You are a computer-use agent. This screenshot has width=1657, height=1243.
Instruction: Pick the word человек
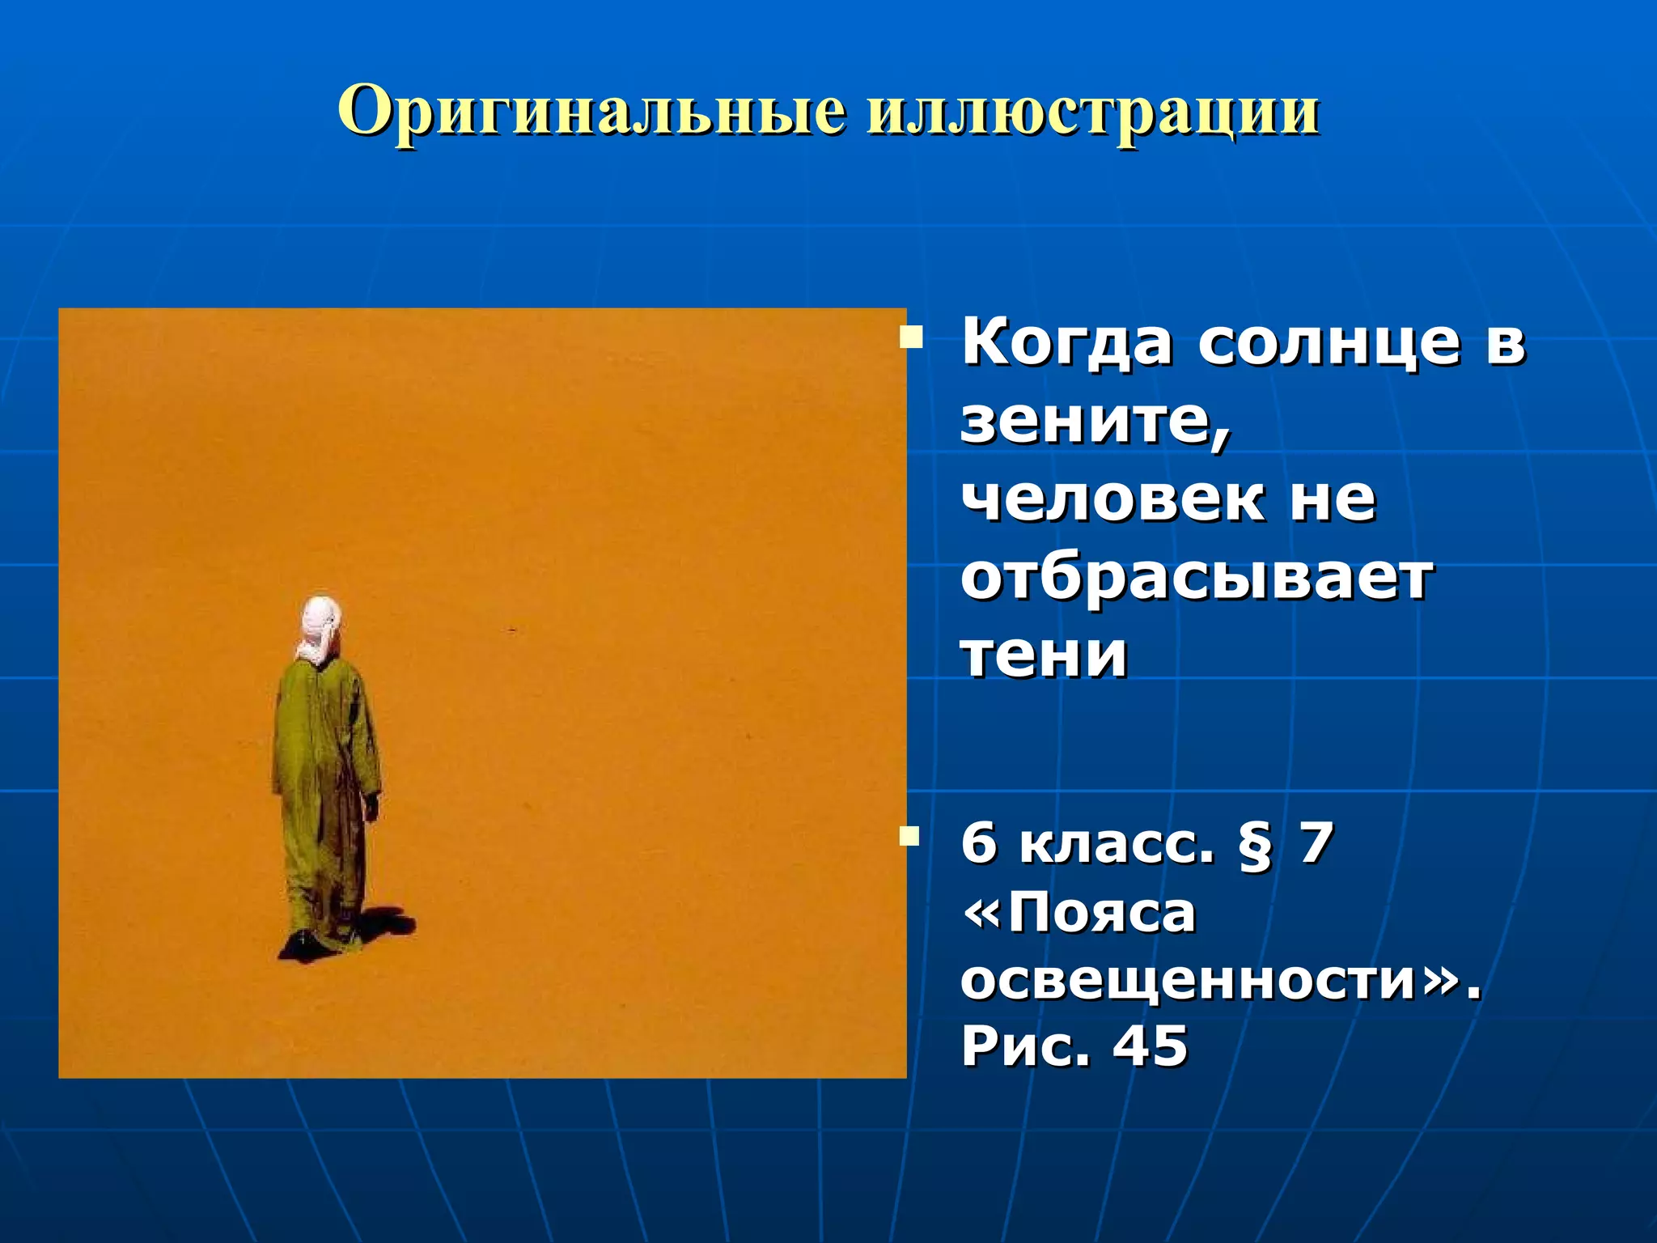click(1112, 499)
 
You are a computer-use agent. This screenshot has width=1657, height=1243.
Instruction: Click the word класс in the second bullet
click(1117, 843)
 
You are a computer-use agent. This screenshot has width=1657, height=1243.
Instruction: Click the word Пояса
click(1100, 913)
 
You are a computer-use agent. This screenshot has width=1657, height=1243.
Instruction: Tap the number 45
click(1150, 1046)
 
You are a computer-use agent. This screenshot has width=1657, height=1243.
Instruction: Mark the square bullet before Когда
click(911, 336)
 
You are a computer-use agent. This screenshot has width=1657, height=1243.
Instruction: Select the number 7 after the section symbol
click(1316, 843)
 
